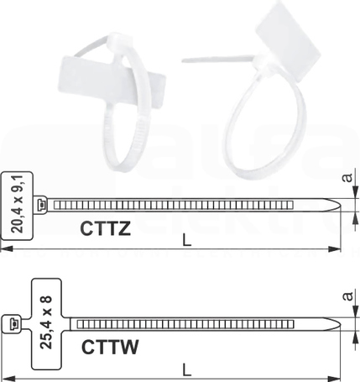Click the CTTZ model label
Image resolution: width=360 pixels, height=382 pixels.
pyautogui.click(x=105, y=228)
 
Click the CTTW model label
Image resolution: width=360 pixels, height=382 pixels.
pyautogui.click(x=110, y=347)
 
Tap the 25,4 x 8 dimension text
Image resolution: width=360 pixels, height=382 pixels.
pyautogui.click(x=46, y=322)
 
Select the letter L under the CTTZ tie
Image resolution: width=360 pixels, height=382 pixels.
pyautogui.click(x=186, y=240)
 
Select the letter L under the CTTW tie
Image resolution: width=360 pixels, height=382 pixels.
pyautogui.click(x=186, y=370)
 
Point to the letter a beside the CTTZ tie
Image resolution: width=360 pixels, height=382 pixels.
pyautogui.click(x=347, y=177)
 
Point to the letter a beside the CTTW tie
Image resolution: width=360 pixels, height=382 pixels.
pyautogui.click(x=347, y=296)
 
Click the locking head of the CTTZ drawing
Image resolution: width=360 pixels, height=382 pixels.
pyautogui.click(x=41, y=205)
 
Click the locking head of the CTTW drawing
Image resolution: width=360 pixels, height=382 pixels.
pyautogui.click(x=12, y=324)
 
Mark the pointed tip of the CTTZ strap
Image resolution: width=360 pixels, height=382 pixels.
pyautogui.click(x=341, y=205)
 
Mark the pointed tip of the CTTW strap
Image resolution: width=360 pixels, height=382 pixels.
pyautogui.click(x=341, y=324)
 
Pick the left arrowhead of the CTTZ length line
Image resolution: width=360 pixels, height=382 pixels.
pyautogui.click(x=6, y=249)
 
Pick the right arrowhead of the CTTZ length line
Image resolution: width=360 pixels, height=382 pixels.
pyautogui.click(x=335, y=249)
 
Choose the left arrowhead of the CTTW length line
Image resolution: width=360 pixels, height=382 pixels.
pyautogui.click(x=7, y=379)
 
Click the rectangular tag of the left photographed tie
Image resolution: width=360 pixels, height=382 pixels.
pyautogui.click(x=112, y=82)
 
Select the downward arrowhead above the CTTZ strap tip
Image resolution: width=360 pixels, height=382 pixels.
pyautogui.click(x=355, y=192)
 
